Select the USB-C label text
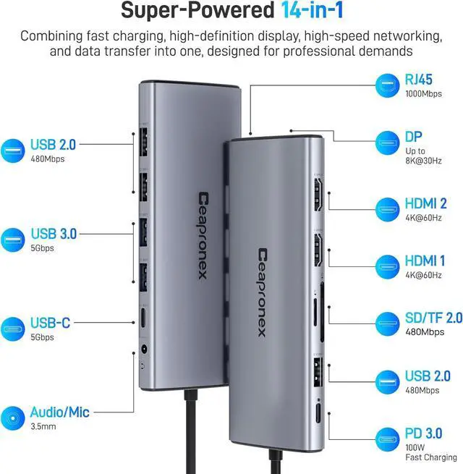[x=50, y=323]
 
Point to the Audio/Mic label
[x=59, y=412]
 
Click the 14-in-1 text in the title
[x=297, y=12]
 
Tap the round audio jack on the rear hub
[x=148, y=349]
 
